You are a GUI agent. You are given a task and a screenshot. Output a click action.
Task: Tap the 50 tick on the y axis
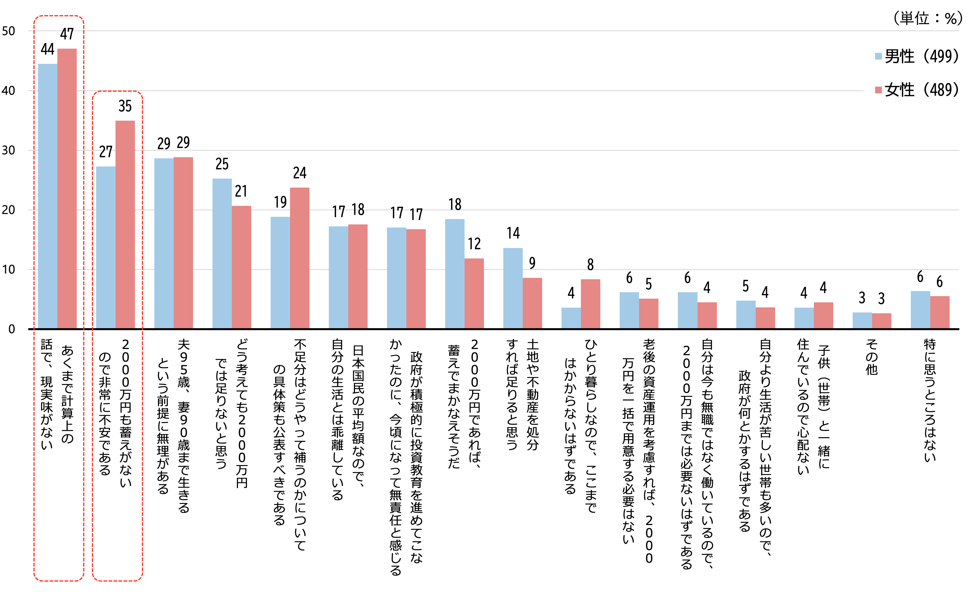[x=8, y=31]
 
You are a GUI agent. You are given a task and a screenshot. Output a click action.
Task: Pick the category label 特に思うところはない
[x=929, y=400]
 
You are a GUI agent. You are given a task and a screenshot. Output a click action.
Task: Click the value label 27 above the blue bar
[x=106, y=152]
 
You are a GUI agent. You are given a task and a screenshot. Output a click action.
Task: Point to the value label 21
[x=241, y=191]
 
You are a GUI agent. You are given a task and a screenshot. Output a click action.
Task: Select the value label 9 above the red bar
[x=532, y=263]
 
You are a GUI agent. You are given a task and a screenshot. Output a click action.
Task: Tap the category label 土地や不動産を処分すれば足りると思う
[x=522, y=394]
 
